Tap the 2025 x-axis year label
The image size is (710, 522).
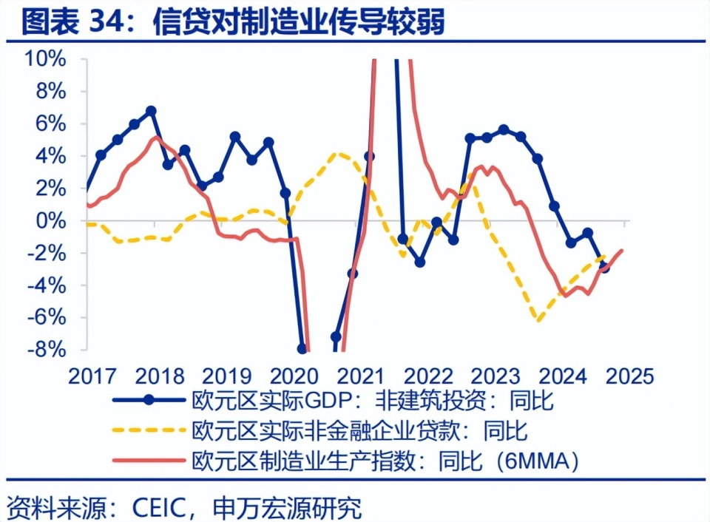(628, 376)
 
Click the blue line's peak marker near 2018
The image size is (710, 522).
(151, 111)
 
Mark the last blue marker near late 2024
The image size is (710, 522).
(604, 267)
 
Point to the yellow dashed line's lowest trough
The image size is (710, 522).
(539, 320)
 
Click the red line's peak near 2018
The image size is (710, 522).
(155, 138)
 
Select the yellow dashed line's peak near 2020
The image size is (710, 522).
(338, 154)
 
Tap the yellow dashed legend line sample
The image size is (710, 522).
(148, 430)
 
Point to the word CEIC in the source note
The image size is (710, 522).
(162, 507)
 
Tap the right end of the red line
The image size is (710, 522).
(623, 250)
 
